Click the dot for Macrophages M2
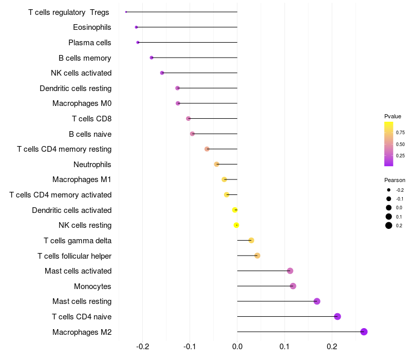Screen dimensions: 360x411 tap(364, 332)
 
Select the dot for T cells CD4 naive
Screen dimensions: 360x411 tap(338, 316)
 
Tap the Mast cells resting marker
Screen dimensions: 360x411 tap(317, 301)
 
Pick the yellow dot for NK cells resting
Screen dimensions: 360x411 tap(236, 225)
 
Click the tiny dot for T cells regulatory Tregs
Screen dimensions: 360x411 tap(126, 12)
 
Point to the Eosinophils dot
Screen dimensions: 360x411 tap(136, 27)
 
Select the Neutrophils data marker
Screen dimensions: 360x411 tap(217, 164)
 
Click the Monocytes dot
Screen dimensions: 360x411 tap(293, 286)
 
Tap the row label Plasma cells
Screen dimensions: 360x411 tap(90, 42)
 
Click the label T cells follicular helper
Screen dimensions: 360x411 tap(74, 256)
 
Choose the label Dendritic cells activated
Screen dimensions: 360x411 tap(71, 210)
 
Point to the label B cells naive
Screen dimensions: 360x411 tap(90, 134)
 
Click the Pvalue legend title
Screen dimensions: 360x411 tap(393, 116)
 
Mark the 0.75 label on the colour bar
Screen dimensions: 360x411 tap(400, 132)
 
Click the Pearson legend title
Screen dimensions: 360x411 tap(395, 180)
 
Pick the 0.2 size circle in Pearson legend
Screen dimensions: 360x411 tap(389, 225)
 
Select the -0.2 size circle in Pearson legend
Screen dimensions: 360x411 tap(389, 190)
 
